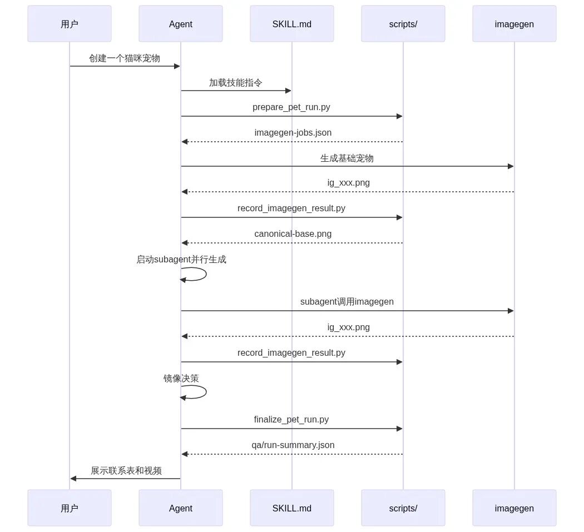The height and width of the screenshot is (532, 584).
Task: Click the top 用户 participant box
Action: click(x=70, y=24)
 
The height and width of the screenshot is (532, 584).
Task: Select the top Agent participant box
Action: click(x=181, y=24)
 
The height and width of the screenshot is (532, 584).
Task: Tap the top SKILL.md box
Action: click(x=292, y=24)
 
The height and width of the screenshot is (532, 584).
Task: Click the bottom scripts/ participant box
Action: click(x=403, y=508)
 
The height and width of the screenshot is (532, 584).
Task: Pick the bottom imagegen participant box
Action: click(x=514, y=508)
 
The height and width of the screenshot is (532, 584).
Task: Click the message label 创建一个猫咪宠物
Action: click(x=125, y=58)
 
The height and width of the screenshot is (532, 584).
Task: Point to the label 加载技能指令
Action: click(x=236, y=83)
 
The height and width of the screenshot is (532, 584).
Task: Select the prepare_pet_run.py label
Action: click(x=291, y=107)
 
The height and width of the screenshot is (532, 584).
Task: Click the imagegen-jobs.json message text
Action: click(x=293, y=132)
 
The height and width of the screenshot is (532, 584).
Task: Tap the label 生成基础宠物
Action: click(x=347, y=158)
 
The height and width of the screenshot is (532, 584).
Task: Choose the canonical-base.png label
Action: click(x=293, y=234)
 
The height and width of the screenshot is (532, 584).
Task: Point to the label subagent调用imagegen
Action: click(x=347, y=301)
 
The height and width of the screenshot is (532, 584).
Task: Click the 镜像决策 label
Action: click(x=181, y=378)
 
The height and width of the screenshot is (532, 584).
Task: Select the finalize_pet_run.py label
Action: click(x=291, y=420)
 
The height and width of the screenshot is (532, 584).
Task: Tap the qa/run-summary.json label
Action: click(x=293, y=445)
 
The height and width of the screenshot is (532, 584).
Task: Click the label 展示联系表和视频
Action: click(x=126, y=470)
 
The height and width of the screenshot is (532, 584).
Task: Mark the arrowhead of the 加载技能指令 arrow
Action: click(x=288, y=91)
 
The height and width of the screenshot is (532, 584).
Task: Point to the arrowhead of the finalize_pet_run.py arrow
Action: click(x=400, y=429)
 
